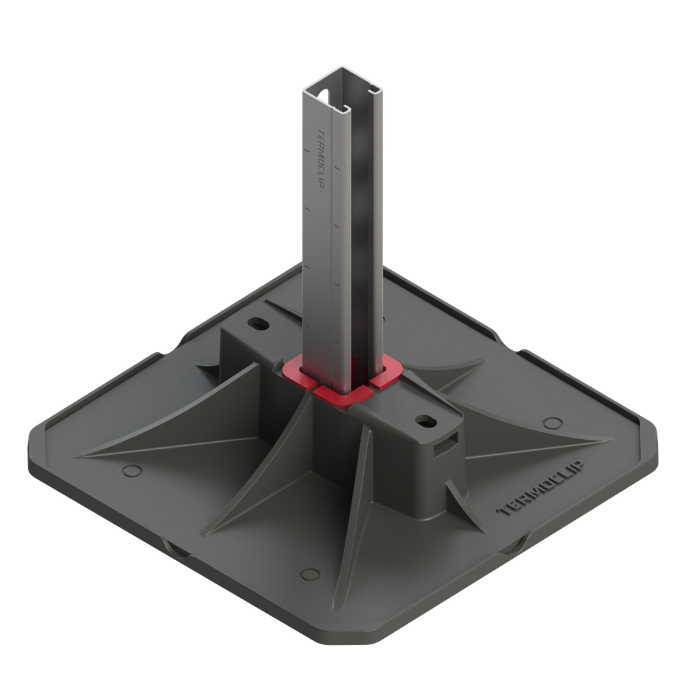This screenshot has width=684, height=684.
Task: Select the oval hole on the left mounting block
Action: point(259,322)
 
